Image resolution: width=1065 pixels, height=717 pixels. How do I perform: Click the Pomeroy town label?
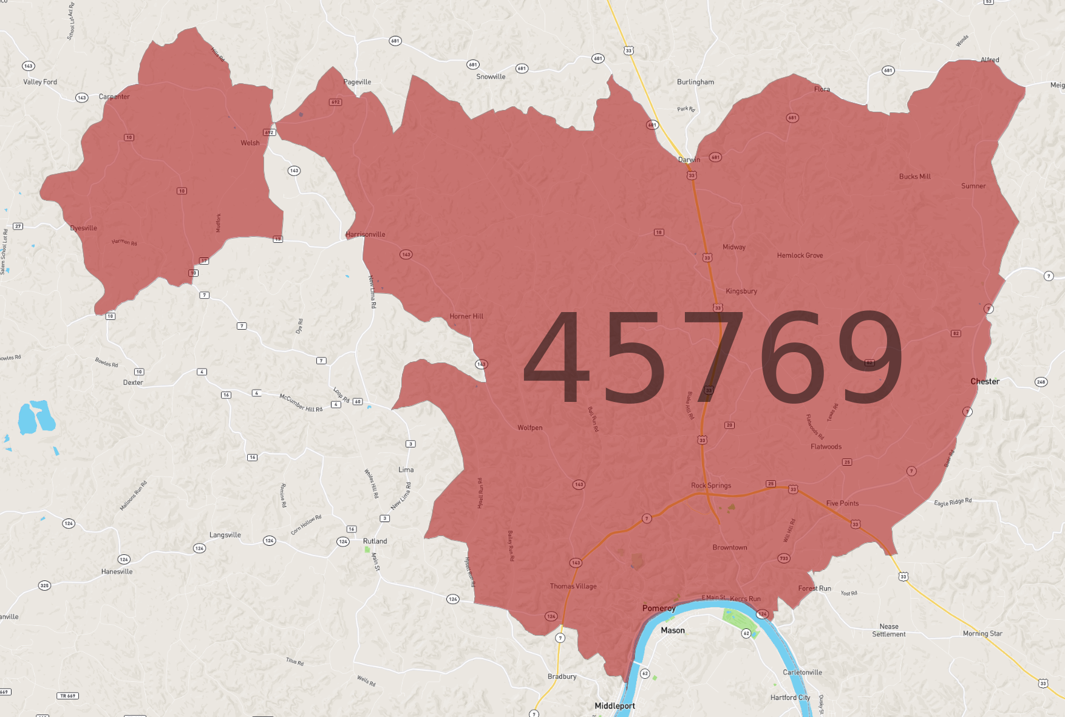pos(659,608)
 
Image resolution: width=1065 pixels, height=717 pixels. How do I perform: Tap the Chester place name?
pos(984,382)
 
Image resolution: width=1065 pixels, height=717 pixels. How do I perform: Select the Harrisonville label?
pos(365,234)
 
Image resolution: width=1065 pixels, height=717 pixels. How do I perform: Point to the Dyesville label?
pos(83,228)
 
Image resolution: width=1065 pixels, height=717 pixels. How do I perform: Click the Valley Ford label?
pos(40,82)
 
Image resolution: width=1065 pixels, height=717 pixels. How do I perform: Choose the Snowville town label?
pos(491,76)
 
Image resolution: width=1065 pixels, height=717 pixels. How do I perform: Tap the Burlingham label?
pos(695,82)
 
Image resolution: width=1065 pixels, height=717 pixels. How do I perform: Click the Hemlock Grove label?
pos(800,256)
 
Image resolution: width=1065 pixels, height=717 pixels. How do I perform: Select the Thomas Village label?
pos(573,586)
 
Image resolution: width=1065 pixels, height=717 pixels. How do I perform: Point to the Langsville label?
pos(225,535)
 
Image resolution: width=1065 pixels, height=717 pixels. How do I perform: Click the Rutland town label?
pos(375,541)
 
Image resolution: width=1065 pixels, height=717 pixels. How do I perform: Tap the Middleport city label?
pos(614,706)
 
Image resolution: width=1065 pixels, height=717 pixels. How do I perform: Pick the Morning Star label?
pos(982,634)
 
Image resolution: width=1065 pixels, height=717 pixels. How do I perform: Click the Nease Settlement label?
pos(888,630)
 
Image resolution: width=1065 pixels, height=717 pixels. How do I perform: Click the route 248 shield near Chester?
pos(1041,382)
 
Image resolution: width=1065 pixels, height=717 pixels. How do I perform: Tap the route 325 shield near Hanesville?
pos(44,586)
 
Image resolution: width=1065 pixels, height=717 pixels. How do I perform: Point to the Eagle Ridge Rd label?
pos(953,502)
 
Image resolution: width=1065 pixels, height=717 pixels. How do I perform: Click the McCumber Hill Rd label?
pos(301,403)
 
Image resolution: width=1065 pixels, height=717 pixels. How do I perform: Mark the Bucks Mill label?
pos(914,177)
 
